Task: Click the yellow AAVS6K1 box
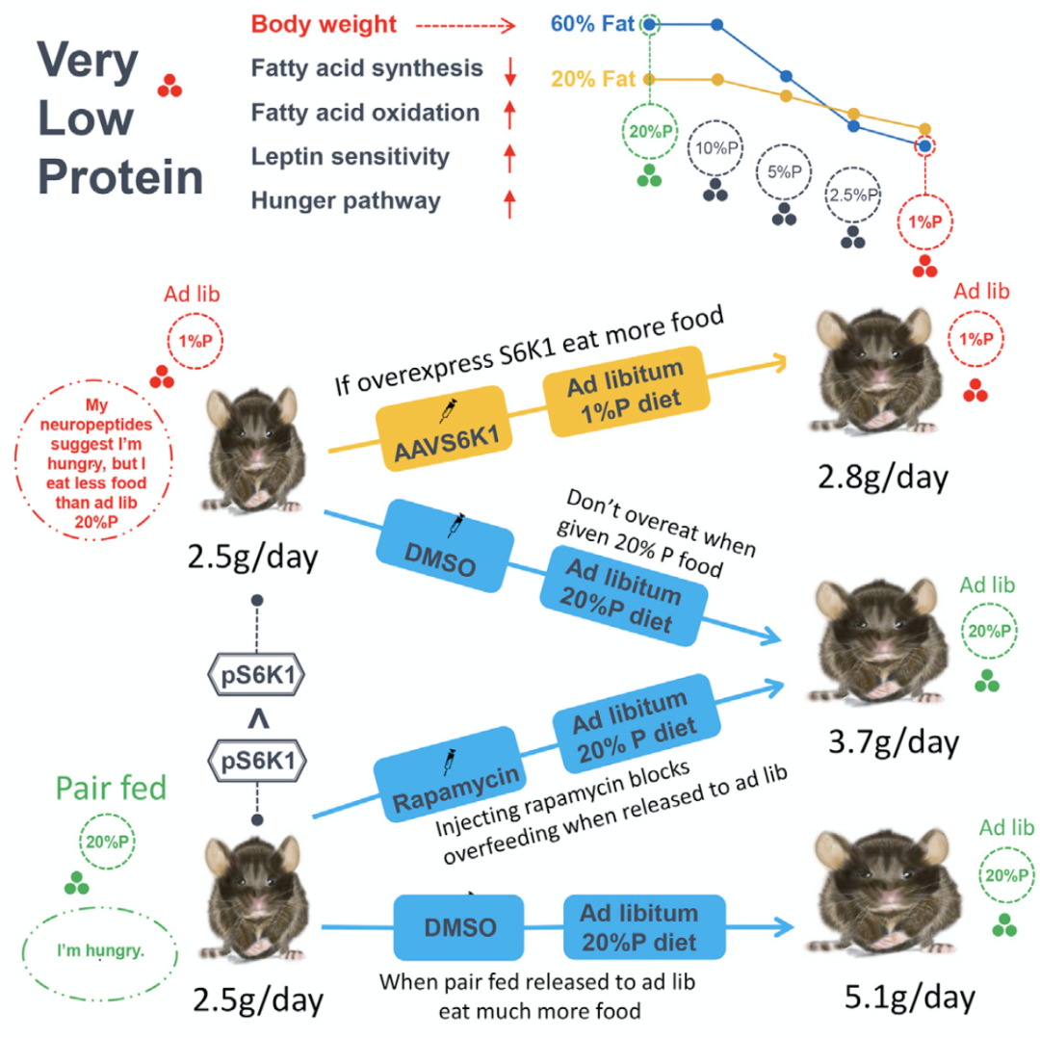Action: pyautogui.click(x=444, y=428)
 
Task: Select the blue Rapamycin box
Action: pyautogui.click(x=450, y=774)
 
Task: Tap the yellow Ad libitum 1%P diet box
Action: pyautogui.click(x=626, y=391)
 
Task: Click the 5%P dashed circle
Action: pyautogui.click(x=784, y=171)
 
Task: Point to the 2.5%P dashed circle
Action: pyautogui.click(x=853, y=195)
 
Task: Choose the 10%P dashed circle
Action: pyautogui.click(x=715, y=148)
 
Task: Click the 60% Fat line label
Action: pyautogui.click(x=592, y=24)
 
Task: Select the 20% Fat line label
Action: pyautogui.click(x=593, y=79)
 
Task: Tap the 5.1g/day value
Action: pyautogui.click(x=910, y=997)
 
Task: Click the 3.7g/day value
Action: pyautogui.click(x=894, y=742)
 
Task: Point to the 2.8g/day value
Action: pyautogui.click(x=883, y=477)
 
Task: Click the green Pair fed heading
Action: pyautogui.click(x=111, y=788)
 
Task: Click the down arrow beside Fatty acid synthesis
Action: pyautogui.click(x=510, y=70)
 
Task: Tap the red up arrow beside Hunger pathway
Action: pyautogui.click(x=509, y=203)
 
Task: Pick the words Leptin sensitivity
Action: pyautogui.click(x=351, y=157)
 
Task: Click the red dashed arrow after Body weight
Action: pyautogui.click(x=466, y=26)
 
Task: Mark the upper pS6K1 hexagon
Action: pyautogui.click(x=257, y=675)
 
